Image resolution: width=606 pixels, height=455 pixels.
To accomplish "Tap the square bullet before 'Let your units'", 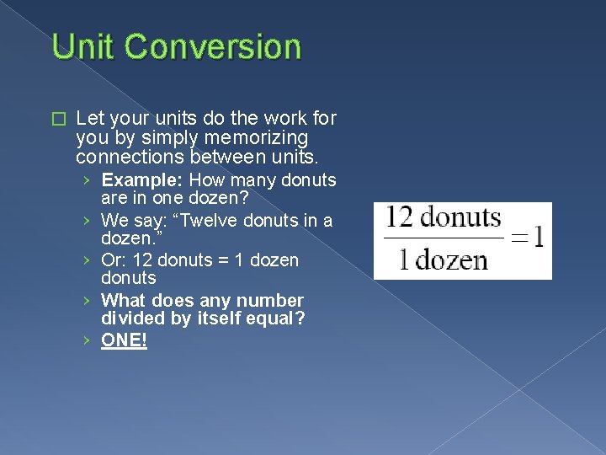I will coord(57,119).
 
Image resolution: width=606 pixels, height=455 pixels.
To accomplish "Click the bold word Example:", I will coord(142,180).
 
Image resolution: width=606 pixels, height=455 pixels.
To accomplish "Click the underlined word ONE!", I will coord(124,340).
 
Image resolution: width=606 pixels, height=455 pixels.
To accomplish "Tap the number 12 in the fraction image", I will coord(399,219).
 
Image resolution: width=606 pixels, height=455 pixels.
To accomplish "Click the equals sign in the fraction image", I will coord(516,238).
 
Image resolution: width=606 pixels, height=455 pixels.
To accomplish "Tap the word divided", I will coord(130,318).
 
